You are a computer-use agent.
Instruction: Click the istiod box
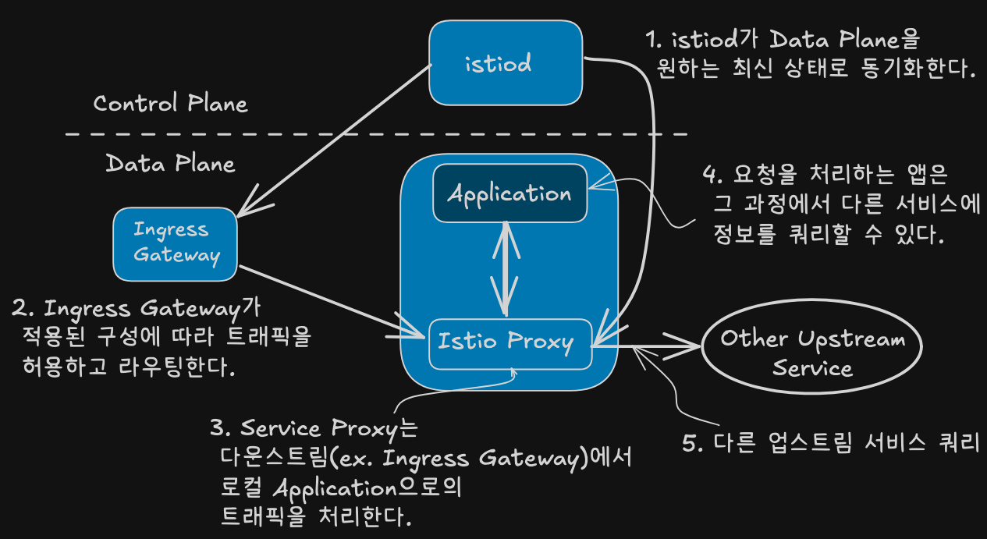[x=506, y=62]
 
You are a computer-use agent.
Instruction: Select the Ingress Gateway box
[x=175, y=244]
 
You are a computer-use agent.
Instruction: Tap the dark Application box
[x=509, y=193]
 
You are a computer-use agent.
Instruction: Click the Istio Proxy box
[x=510, y=344]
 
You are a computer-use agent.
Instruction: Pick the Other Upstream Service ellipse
[x=811, y=346]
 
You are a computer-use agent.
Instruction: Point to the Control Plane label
[x=171, y=104]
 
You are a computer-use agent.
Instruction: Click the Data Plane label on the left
[x=171, y=164]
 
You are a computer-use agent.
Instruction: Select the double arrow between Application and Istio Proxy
[x=506, y=269]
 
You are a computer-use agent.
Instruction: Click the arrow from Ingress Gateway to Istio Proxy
[x=332, y=302]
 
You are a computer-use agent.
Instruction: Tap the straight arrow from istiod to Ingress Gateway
[x=335, y=141]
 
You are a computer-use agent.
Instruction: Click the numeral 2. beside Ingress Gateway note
[x=23, y=308]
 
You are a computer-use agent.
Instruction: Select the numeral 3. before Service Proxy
[x=221, y=427]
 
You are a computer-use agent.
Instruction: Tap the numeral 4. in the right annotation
[x=712, y=175]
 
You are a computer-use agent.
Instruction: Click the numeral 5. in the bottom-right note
[x=692, y=443]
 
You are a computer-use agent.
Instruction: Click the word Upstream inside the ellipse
[x=852, y=339]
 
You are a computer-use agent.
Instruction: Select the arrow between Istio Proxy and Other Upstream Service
[x=646, y=346]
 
